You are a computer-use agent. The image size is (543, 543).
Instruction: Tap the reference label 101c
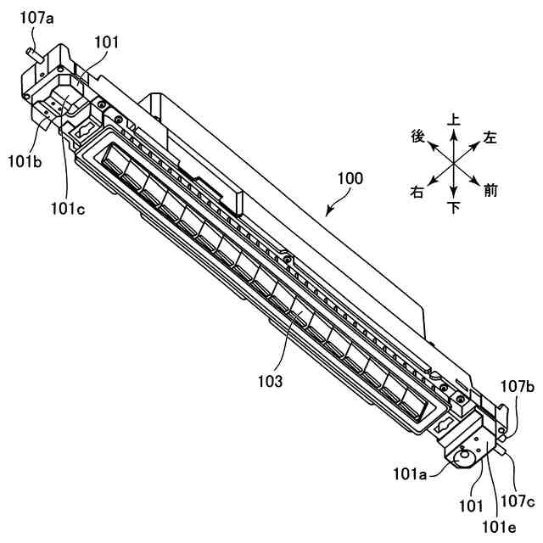click(x=67, y=207)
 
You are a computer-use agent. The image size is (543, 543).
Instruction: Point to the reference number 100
click(x=350, y=180)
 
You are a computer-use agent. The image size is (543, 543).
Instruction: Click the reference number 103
click(x=271, y=382)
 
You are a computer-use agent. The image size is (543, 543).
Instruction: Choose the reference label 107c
click(x=516, y=501)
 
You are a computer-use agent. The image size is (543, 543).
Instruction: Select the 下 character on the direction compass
click(x=454, y=205)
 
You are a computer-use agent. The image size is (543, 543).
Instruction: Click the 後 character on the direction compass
click(x=417, y=136)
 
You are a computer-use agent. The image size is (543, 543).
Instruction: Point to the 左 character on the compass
click(x=490, y=136)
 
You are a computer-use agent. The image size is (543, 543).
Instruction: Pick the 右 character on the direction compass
click(x=417, y=192)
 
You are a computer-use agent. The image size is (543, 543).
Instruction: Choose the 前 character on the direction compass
click(x=490, y=191)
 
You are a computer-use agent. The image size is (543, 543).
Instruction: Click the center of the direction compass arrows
click(x=454, y=163)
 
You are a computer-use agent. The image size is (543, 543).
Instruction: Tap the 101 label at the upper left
click(x=108, y=42)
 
